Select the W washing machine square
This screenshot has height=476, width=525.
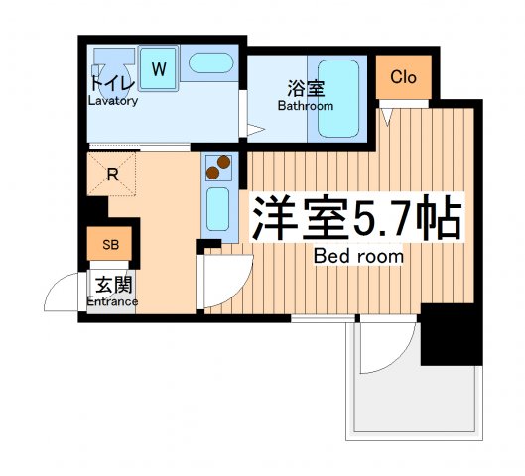point(159,69)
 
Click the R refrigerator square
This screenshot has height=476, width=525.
point(113,176)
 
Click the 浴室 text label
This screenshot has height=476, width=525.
point(304,88)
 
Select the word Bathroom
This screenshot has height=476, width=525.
point(305,105)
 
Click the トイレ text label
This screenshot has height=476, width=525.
point(110,83)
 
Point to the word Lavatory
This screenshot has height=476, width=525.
point(112,101)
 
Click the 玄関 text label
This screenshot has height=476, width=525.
point(111,284)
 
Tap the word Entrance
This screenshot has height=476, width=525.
point(112,301)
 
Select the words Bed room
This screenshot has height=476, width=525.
point(358,257)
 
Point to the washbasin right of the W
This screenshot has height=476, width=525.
point(209,66)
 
